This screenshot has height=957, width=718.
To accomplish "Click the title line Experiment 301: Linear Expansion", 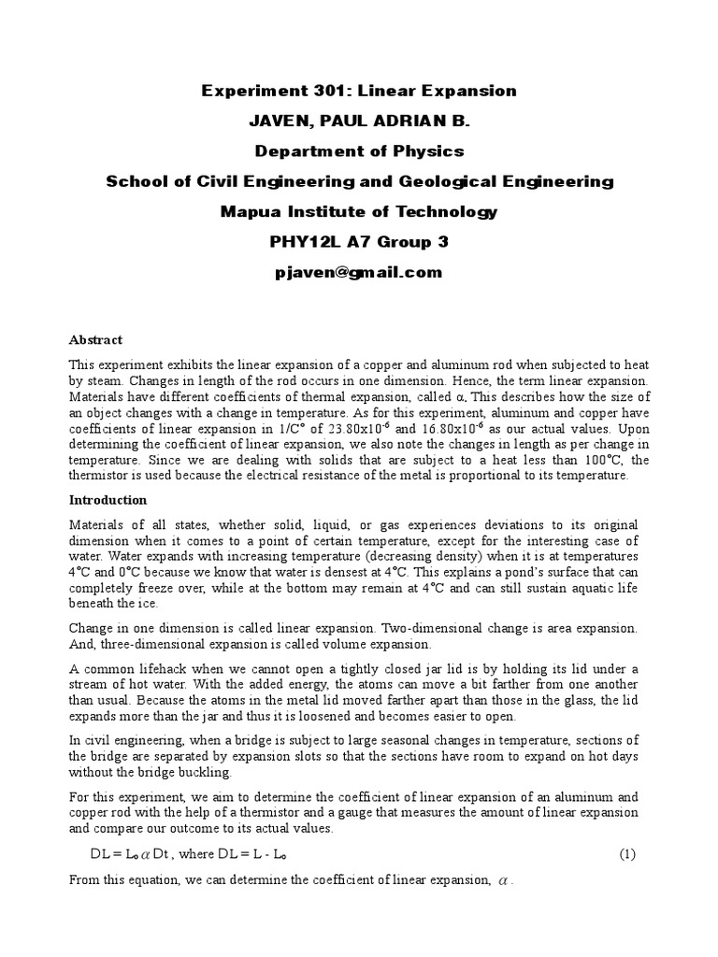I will (359, 91).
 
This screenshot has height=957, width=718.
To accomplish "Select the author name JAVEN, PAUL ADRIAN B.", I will (359, 121).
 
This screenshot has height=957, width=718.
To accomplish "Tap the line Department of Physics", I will (359, 150).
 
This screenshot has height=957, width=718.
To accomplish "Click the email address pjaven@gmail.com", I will (359, 273).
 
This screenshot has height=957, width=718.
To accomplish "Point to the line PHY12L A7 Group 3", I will (359, 242).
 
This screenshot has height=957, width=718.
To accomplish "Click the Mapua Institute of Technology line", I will (359, 212).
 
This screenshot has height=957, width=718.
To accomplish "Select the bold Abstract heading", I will (96, 340).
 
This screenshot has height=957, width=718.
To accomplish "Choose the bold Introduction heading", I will (108, 500).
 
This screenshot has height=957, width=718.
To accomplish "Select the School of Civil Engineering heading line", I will (359, 181).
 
